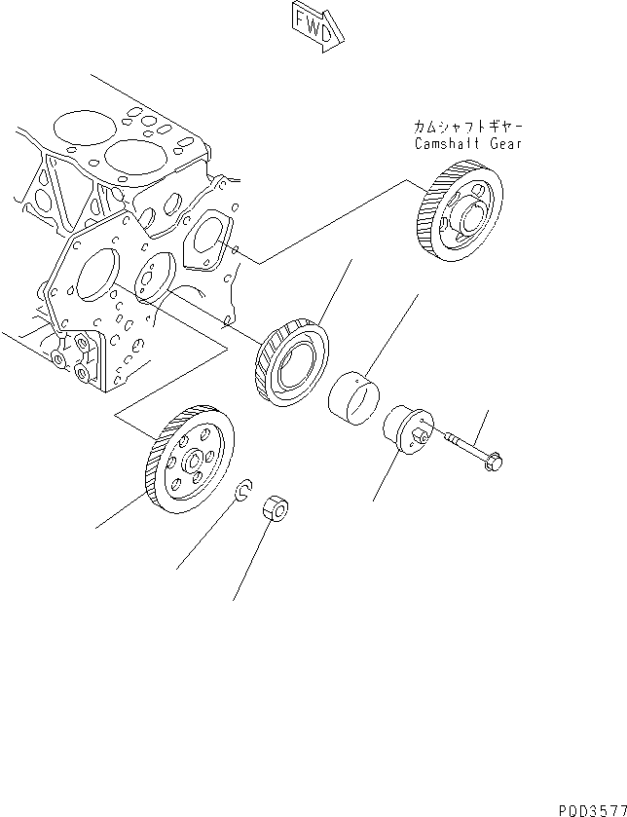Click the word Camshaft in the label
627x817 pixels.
point(443,144)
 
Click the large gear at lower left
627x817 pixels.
point(187,458)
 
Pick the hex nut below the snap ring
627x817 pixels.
point(276,508)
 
